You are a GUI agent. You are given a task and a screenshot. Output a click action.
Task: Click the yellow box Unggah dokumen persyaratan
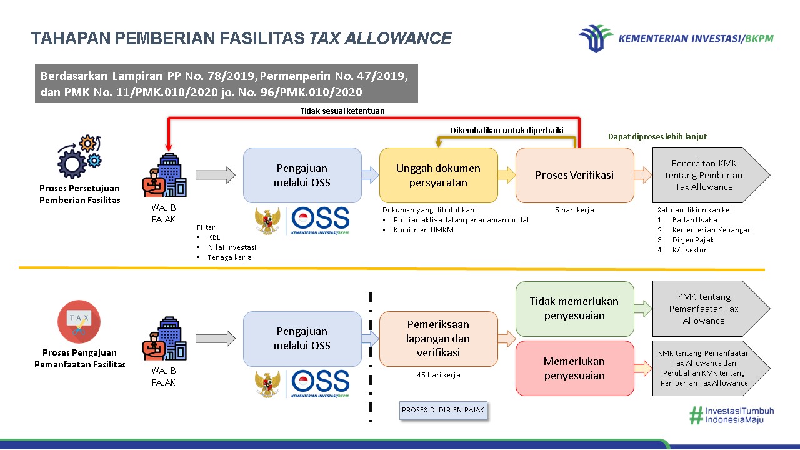click(438, 175)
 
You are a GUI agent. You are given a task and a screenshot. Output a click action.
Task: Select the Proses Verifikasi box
click(574, 175)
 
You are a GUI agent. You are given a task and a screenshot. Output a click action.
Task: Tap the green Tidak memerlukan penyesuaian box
click(574, 308)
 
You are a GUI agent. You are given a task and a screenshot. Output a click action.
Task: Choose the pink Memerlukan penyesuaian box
click(574, 368)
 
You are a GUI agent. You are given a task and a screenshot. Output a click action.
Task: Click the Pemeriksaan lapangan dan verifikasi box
click(438, 338)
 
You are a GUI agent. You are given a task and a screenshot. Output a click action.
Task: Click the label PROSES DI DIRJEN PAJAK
click(443, 410)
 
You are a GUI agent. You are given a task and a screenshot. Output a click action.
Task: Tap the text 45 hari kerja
click(438, 375)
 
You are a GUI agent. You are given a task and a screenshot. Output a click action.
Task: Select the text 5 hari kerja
click(574, 210)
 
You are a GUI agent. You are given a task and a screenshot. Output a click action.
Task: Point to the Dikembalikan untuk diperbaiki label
click(507, 130)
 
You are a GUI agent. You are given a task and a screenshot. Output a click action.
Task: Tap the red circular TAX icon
click(79, 322)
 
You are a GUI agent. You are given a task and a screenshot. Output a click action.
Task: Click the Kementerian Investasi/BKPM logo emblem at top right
click(596, 37)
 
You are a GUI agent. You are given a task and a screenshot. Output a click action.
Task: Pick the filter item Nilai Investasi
click(232, 247)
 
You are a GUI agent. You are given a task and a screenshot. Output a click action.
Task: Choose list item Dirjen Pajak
click(693, 240)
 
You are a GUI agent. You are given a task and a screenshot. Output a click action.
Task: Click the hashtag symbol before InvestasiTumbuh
click(696, 416)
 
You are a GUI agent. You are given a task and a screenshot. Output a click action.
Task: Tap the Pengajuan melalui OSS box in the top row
click(302, 175)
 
